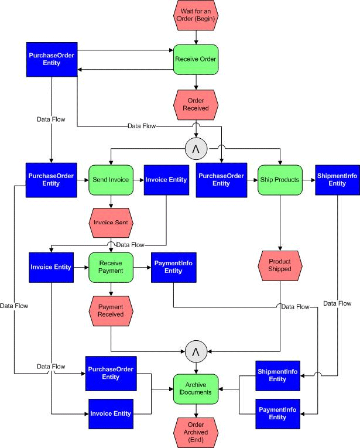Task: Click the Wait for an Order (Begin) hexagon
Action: pyautogui.click(x=196, y=16)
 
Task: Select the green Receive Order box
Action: pyautogui.click(x=196, y=59)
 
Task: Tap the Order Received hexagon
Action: pyautogui.click(x=196, y=104)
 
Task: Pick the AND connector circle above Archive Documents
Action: pyautogui.click(x=196, y=351)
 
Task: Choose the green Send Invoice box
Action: pyautogui.click(x=111, y=180)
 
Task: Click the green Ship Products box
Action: pyautogui.click(x=280, y=180)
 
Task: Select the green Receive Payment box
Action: pyautogui.click(x=111, y=267)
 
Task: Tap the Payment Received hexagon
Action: pyautogui.click(x=111, y=310)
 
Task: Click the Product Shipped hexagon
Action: pyautogui.click(x=280, y=265)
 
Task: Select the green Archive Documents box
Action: pyautogui.click(x=196, y=389)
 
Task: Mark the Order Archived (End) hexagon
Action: pyautogui.click(x=196, y=432)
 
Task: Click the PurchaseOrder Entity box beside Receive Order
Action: pyautogui.click(x=52, y=59)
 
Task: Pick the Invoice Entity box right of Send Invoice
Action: pyautogui.click(x=166, y=180)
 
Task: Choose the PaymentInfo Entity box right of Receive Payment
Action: pyautogui.click(x=173, y=267)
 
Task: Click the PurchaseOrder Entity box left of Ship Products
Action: pyautogui.click(x=221, y=180)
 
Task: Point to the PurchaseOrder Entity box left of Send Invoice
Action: pyautogui.click(x=52, y=180)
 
